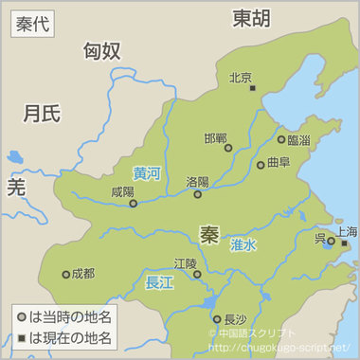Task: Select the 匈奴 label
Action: tap(102, 51)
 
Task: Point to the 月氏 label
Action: tap(42, 114)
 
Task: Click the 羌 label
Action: tap(16, 186)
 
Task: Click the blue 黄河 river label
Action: tap(147, 174)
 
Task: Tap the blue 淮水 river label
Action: tap(243, 244)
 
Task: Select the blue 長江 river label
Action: tap(159, 281)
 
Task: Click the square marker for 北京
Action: tap(253, 88)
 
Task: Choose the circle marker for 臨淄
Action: tap(281, 139)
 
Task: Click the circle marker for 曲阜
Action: tap(261, 165)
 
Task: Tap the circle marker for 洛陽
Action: tap(198, 194)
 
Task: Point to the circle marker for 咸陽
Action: tap(134, 203)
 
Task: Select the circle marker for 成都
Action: tap(65, 275)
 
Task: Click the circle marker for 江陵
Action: tap(197, 275)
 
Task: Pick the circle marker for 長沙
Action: tap(217, 319)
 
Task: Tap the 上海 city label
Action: tap(346, 232)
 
